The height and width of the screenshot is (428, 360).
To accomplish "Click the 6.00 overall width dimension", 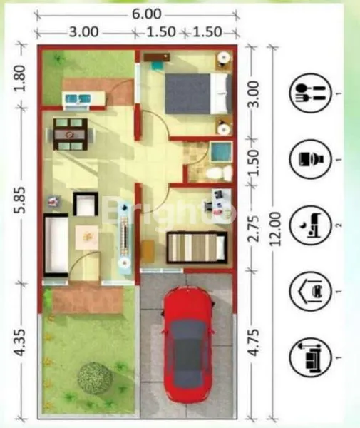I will (x=145, y=13).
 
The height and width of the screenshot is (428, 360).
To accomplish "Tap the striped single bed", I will (x=197, y=247).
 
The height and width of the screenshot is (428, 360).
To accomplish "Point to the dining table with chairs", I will (x=70, y=133).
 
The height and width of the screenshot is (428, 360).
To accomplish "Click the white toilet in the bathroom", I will (x=218, y=173).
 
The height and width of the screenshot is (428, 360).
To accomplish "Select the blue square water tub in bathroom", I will (x=221, y=152).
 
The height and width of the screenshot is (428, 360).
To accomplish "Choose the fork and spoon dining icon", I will (x=310, y=93).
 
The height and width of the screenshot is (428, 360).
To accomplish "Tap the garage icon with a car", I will (x=310, y=290).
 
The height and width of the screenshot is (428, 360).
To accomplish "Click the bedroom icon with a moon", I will (x=310, y=225).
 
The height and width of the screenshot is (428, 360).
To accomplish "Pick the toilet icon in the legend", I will (x=310, y=158).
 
